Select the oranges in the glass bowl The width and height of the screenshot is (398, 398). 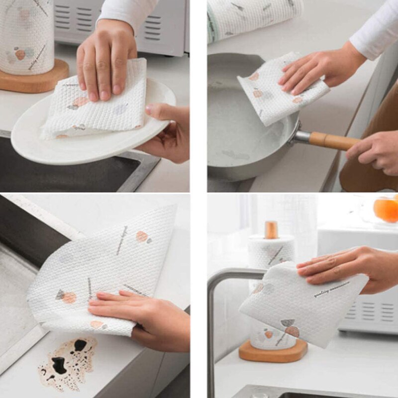[x=387, y=209]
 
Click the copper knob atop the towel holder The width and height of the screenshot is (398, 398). [x=271, y=230]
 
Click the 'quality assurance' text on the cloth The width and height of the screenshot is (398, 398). [x=331, y=289]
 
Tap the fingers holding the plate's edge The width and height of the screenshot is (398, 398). [x=164, y=134]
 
